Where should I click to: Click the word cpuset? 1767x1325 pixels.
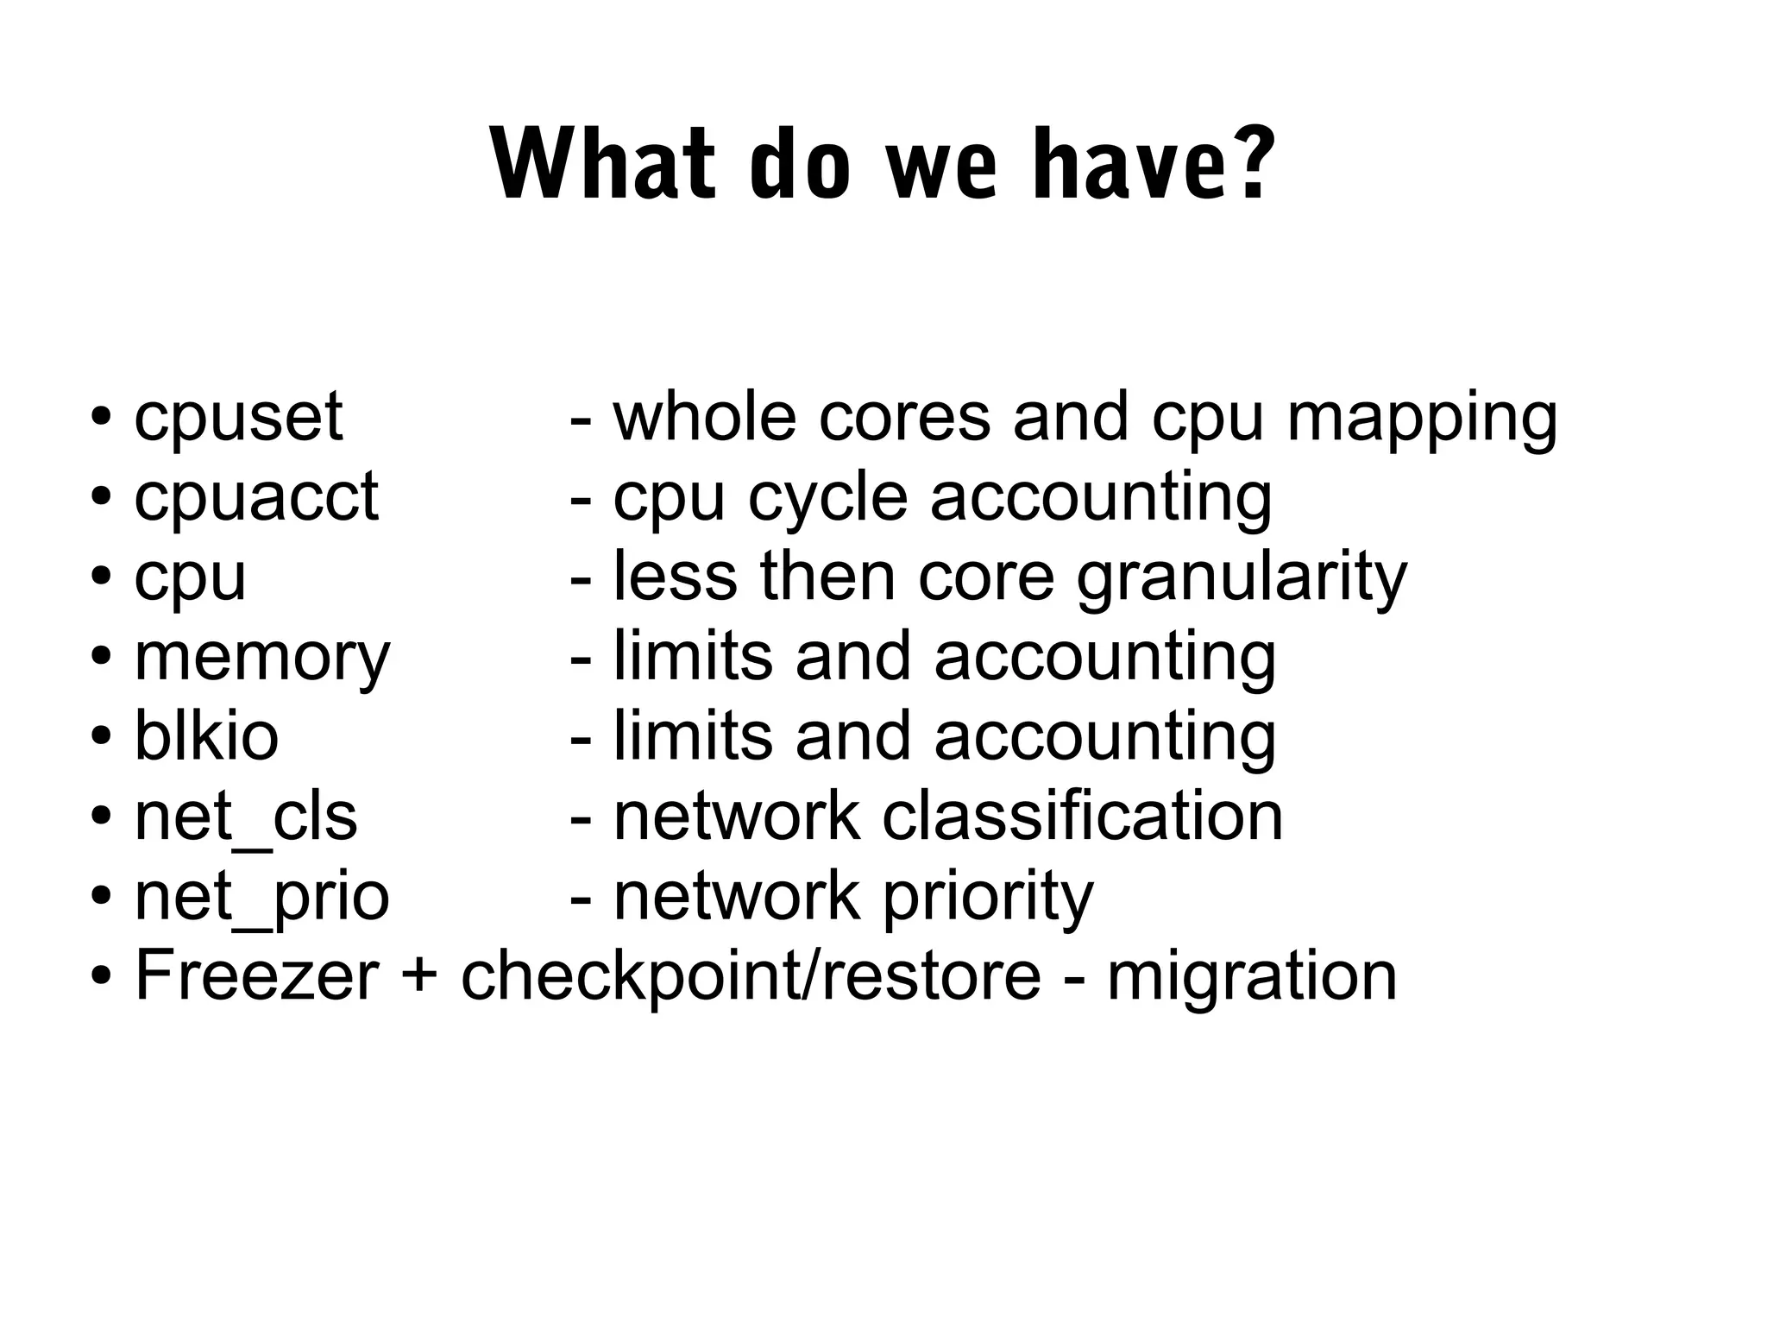238,418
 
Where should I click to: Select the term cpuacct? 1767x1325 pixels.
256,498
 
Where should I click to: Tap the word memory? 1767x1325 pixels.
262,659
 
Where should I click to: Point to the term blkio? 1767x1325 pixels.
206,737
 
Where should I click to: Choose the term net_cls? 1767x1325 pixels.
246,817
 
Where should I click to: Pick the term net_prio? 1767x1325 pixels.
262,899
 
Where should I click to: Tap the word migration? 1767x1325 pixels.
1251,978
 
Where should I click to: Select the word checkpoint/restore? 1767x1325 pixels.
751,978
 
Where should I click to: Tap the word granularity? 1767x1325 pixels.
1242,579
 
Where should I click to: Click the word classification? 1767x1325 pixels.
1082,817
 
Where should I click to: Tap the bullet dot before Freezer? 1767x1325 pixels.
102,978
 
